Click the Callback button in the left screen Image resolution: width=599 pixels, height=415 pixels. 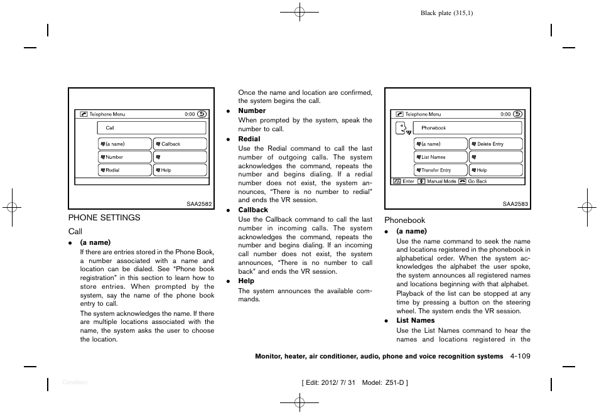tap(180, 144)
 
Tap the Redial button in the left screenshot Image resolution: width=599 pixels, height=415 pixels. tap(124, 170)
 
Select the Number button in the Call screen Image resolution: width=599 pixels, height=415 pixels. tap(124, 157)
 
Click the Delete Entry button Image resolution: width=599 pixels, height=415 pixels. tap(495, 144)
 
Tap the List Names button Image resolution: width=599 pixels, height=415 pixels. tap(440, 157)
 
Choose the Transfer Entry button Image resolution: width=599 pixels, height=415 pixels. tap(440, 170)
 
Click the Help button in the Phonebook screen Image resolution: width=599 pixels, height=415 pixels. tap(495, 170)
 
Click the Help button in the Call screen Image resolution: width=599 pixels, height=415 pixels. tap(180, 170)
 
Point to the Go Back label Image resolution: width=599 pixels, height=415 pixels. tap(477, 181)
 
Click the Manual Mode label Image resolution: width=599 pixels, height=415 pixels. tap(441, 181)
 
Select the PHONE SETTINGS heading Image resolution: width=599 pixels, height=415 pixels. tap(104, 217)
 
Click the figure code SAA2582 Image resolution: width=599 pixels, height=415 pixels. tap(201, 203)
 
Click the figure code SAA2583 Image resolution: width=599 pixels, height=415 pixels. tap(516, 203)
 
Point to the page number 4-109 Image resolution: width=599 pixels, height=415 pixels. tap(520, 356)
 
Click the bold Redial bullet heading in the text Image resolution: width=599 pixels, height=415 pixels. tap(249, 139)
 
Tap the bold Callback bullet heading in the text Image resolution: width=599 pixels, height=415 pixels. tap(252, 210)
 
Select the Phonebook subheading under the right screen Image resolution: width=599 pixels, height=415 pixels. tap(405, 220)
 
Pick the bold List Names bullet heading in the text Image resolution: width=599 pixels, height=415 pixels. tap(415, 320)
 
